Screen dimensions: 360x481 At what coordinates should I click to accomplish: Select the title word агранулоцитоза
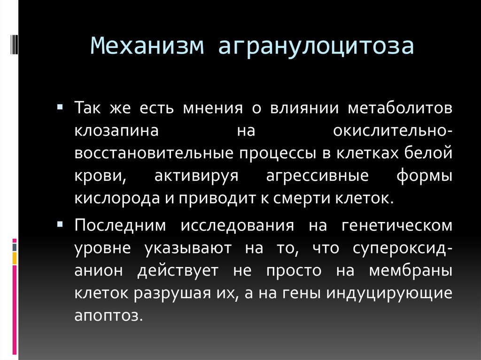[x=316, y=47]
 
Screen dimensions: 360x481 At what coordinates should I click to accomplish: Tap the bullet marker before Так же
[x=60, y=107]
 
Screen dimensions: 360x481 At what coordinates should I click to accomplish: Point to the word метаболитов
[x=400, y=108]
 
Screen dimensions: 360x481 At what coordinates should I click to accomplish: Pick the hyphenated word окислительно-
[x=393, y=130]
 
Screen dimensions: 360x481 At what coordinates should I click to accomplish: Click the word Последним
[x=120, y=226]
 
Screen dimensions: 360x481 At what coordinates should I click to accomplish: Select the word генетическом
[x=397, y=226]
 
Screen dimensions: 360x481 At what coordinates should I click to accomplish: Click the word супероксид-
[x=403, y=248]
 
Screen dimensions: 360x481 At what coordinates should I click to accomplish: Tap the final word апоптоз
[x=108, y=315]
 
